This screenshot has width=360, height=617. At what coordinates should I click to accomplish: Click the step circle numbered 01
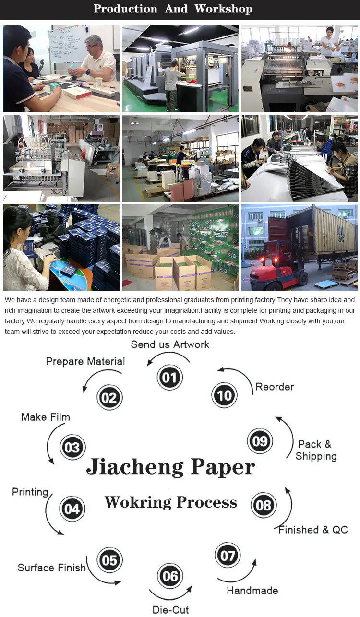(x=169, y=377)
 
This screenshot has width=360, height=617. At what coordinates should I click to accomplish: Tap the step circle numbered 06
(x=170, y=576)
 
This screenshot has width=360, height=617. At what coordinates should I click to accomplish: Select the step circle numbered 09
(x=260, y=441)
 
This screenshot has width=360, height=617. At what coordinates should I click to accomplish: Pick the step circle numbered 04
(x=72, y=509)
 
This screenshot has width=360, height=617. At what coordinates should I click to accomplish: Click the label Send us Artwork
(x=170, y=344)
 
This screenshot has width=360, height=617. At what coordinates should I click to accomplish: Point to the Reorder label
(x=275, y=387)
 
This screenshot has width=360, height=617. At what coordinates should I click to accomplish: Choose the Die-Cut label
(x=170, y=610)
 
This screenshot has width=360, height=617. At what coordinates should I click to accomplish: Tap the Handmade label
(x=252, y=590)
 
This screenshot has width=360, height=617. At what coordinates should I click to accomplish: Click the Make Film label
(x=46, y=417)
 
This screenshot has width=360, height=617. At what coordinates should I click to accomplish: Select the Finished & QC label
(x=313, y=530)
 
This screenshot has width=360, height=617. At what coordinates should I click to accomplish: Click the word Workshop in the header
(x=223, y=9)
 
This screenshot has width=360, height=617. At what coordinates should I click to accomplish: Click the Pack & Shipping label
(x=315, y=450)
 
